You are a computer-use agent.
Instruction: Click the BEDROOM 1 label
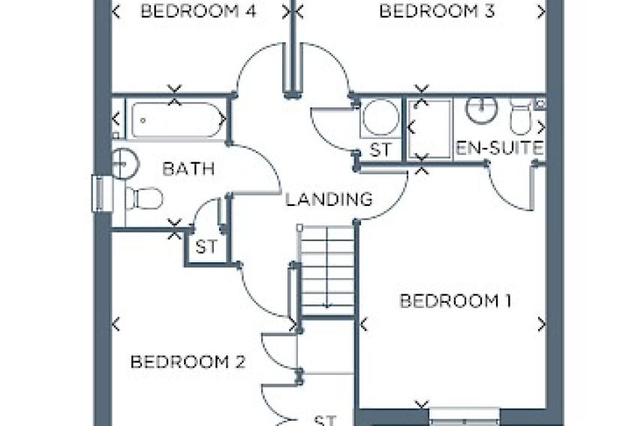pyautogui.click(x=456, y=301)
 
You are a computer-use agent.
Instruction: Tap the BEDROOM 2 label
pyautogui.click(x=188, y=361)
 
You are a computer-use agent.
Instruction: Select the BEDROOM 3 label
pyautogui.click(x=437, y=11)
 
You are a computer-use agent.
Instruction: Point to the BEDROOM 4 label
pyautogui.click(x=198, y=11)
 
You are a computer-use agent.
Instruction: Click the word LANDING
pyautogui.click(x=329, y=199)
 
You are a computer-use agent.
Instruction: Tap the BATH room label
pyautogui.click(x=188, y=168)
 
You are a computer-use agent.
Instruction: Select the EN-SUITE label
pyautogui.click(x=500, y=148)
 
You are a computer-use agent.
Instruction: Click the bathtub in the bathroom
pyautogui.click(x=178, y=119)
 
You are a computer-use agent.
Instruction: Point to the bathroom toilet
pyautogui.click(x=143, y=198)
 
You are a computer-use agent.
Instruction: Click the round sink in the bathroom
pyautogui.click(x=125, y=164)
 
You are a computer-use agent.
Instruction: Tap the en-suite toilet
pyautogui.click(x=520, y=117)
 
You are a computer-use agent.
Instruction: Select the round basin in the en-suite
pyautogui.click(x=481, y=108)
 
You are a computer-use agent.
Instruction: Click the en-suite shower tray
pyautogui.click(x=429, y=129)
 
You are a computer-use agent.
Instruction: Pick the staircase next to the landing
pyautogui.click(x=327, y=270)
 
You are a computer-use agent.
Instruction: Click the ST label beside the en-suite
pyautogui.click(x=381, y=150)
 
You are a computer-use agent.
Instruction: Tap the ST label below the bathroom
pyautogui.click(x=206, y=246)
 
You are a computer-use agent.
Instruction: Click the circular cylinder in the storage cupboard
pyautogui.click(x=381, y=117)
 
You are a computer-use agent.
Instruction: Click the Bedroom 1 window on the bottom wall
pyautogui.click(x=465, y=417)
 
